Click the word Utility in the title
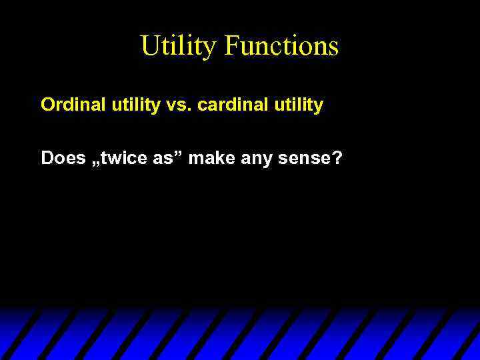[179, 47]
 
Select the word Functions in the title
[281, 47]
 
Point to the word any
[251, 158]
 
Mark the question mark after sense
[337, 158]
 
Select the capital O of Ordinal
[47, 105]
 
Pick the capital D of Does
[47, 158]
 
